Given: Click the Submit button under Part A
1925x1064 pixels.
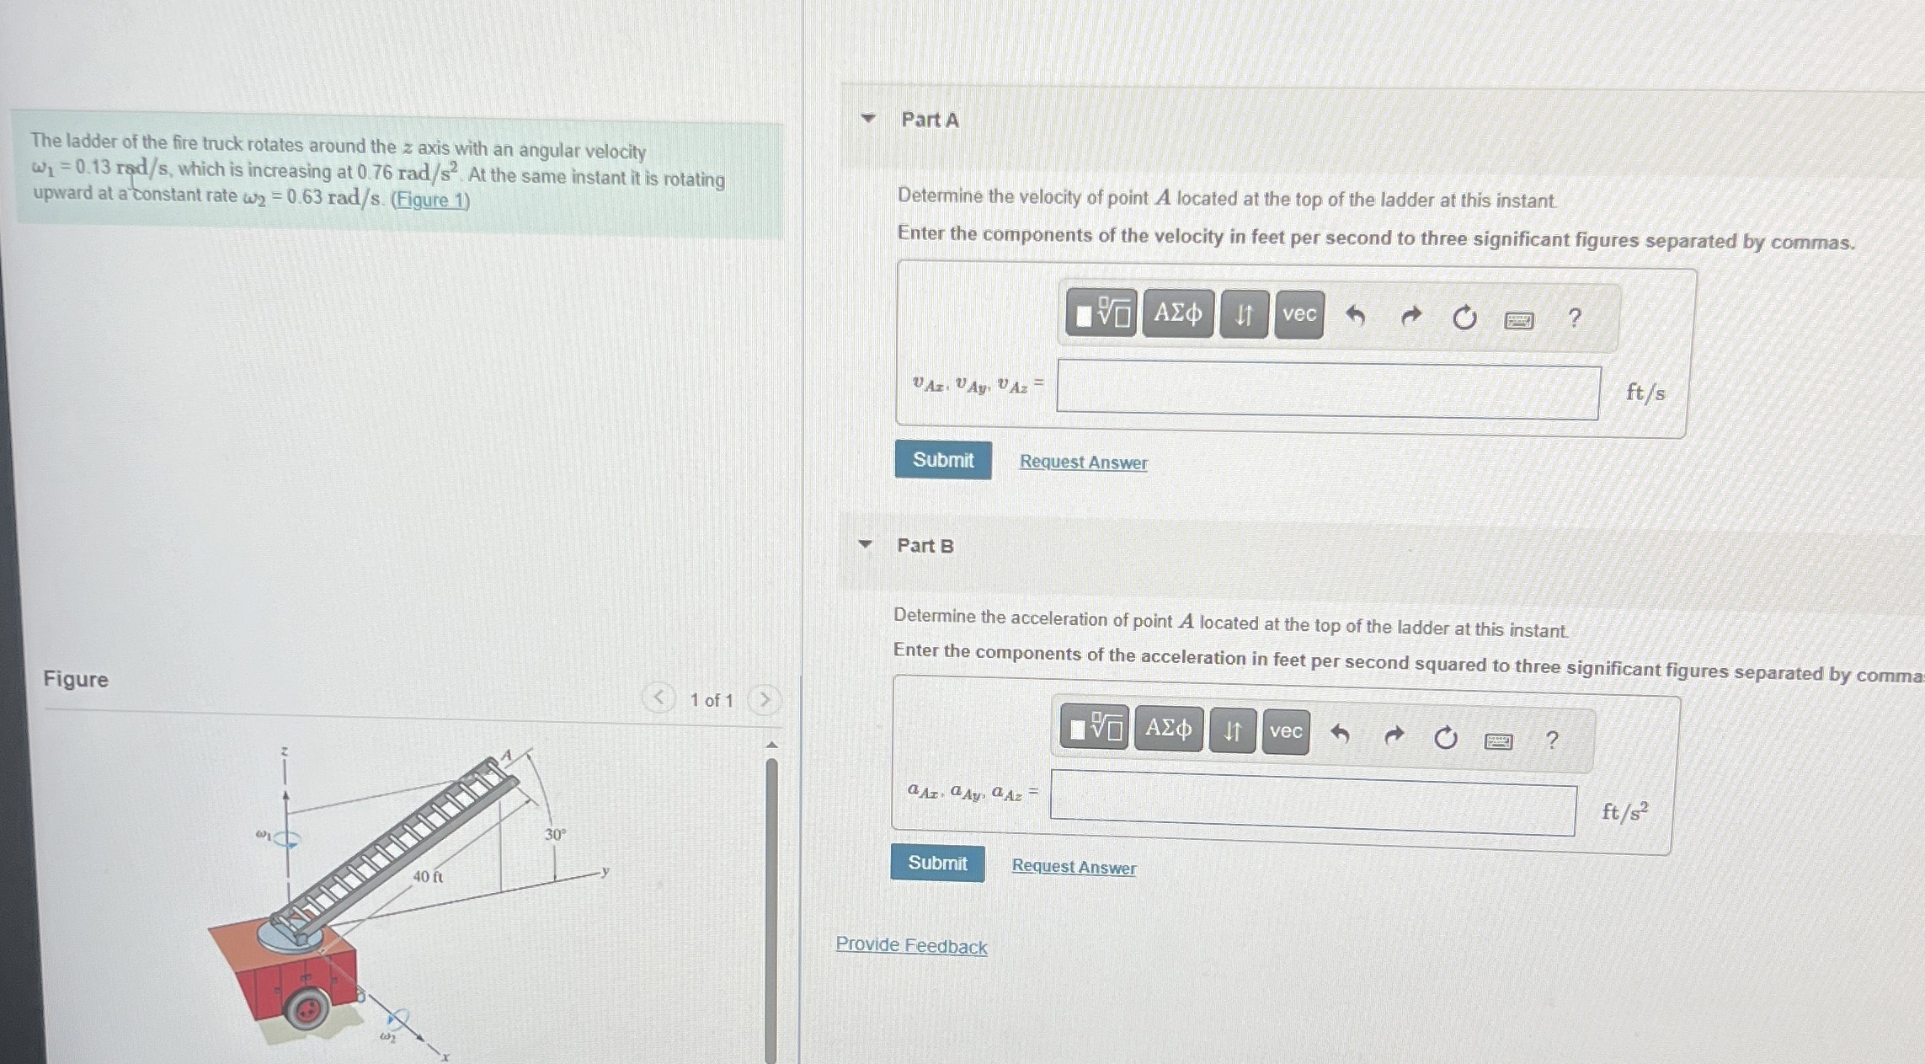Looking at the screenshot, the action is (943, 460).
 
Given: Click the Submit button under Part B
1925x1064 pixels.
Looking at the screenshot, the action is (937, 863).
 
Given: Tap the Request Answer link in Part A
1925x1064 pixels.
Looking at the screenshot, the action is (1083, 462).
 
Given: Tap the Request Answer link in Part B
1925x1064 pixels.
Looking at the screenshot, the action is (1074, 867).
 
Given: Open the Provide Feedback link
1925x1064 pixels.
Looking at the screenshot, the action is (911, 946).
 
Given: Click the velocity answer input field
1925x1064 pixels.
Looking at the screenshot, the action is (1328, 391).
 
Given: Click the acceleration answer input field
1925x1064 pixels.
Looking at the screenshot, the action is (1313, 804).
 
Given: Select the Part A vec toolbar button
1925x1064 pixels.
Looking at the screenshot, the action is (1299, 314).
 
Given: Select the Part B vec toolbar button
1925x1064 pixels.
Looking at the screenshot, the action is (1286, 731).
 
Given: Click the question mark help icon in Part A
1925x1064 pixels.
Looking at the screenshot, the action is (1574, 318).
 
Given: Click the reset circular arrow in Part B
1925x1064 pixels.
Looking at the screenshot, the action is (1445, 738).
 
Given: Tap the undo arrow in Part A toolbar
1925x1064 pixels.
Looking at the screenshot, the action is (1355, 316).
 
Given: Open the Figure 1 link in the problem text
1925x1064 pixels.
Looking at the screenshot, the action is (430, 201).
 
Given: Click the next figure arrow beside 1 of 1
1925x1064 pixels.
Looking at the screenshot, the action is (765, 699).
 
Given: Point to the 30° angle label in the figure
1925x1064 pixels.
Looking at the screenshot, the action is (555, 835).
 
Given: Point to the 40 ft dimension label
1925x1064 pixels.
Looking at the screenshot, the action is (428, 877).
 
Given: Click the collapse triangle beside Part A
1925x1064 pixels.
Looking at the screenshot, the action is (868, 118).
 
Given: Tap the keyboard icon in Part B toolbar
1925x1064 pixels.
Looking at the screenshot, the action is (1498, 741).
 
